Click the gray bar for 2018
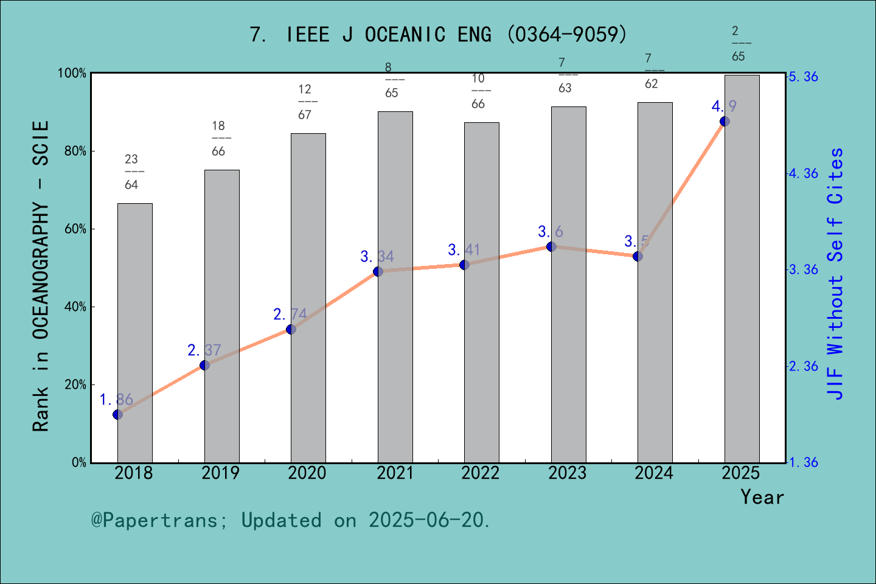[134, 333]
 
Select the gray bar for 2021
[395, 287]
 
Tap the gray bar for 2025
[742, 268]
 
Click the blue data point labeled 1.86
[118, 414]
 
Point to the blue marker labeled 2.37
[205, 365]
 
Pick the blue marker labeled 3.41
[465, 265]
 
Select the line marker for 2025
[725, 121]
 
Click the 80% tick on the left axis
[75, 151]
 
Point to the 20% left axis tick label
[75, 385]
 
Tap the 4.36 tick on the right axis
[803, 173]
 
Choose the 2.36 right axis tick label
[803, 366]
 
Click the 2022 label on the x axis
[480, 473]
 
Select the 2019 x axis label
[220, 473]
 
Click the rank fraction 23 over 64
[131, 172]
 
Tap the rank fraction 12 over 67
[305, 102]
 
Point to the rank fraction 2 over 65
[738, 43]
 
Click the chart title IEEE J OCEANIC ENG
[438, 34]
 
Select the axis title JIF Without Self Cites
[836, 274]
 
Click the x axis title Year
[762, 497]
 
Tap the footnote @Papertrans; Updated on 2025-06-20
[291, 520]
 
